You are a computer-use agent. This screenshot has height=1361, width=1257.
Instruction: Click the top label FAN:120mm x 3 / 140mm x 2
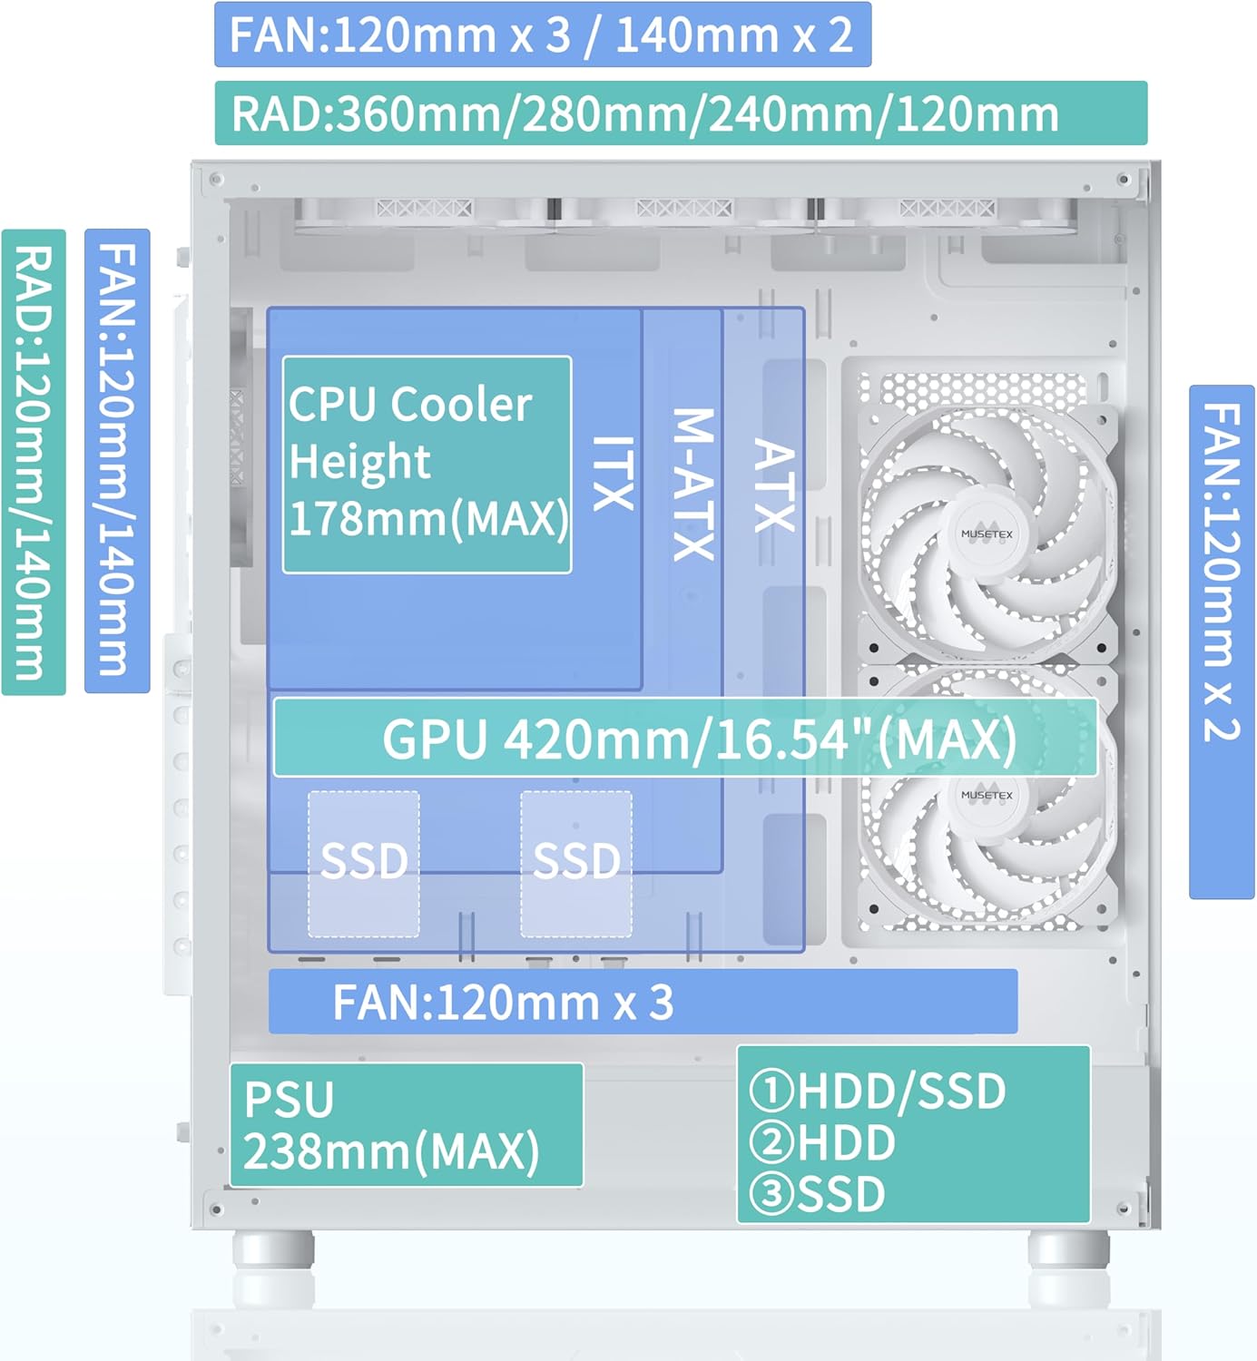point(542,34)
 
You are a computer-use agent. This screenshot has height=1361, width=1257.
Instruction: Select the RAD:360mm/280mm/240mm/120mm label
point(681,113)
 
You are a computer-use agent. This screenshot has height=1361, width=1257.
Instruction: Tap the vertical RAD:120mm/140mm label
point(34,462)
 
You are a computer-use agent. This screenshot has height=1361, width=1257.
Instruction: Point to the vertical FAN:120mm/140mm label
point(117,461)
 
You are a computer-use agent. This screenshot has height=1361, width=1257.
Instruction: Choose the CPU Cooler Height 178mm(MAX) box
point(427,465)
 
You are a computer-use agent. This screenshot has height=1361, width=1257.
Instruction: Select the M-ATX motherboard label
point(693,485)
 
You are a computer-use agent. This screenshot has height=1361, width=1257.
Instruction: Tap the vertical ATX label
point(774,485)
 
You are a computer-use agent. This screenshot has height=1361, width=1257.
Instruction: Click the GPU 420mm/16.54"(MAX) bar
point(684,739)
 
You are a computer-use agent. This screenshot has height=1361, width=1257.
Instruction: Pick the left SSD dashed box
point(364,863)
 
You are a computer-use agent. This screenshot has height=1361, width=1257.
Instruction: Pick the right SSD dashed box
point(576,863)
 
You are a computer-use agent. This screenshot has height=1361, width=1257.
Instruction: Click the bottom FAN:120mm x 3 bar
point(643,1002)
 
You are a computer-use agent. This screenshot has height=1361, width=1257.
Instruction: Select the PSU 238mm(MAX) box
point(406,1125)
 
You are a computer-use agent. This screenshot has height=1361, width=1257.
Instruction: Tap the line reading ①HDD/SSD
point(878,1091)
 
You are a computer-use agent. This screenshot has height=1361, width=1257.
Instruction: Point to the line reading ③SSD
point(818,1194)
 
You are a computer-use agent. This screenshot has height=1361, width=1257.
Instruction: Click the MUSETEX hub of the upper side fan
point(987,534)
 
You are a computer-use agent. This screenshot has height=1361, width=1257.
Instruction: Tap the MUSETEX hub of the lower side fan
point(987,795)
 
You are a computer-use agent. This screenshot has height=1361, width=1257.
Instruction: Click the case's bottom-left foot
point(273,1250)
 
